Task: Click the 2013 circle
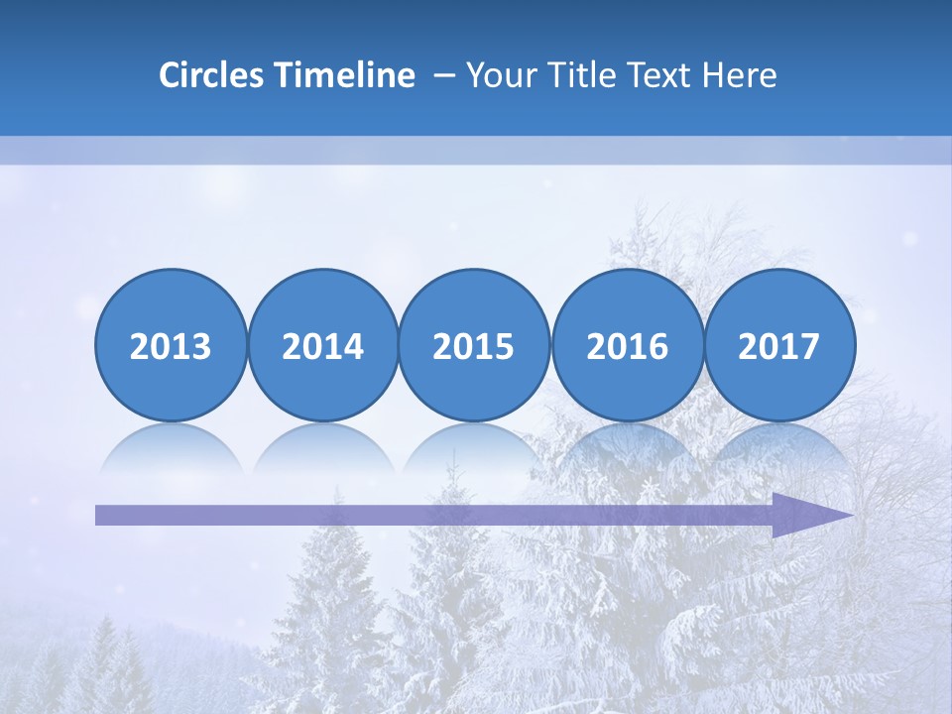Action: pyautogui.click(x=171, y=345)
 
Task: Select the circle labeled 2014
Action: pyautogui.click(x=323, y=345)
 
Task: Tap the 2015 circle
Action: pyautogui.click(x=474, y=345)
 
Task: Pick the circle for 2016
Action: pyautogui.click(x=628, y=345)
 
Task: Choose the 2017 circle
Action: pyautogui.click(x=779, y=345)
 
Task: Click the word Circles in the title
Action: pyautogui.click(x=212, y=75)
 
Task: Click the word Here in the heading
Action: pyautogui.click(x=740, y=75)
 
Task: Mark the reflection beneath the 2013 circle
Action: pyautogui.click(x=171, y=449)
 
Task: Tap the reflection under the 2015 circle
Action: pyautogui.click(x=474, y=449)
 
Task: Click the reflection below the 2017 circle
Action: pyautogui.click(x=779, y=449)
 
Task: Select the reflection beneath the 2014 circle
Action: pyautogui.click(x=323, y=449)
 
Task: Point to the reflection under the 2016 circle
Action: pyautogui.click(x=628, y=449)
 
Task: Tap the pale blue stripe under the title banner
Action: pyautogui.click(x=476, y=150)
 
